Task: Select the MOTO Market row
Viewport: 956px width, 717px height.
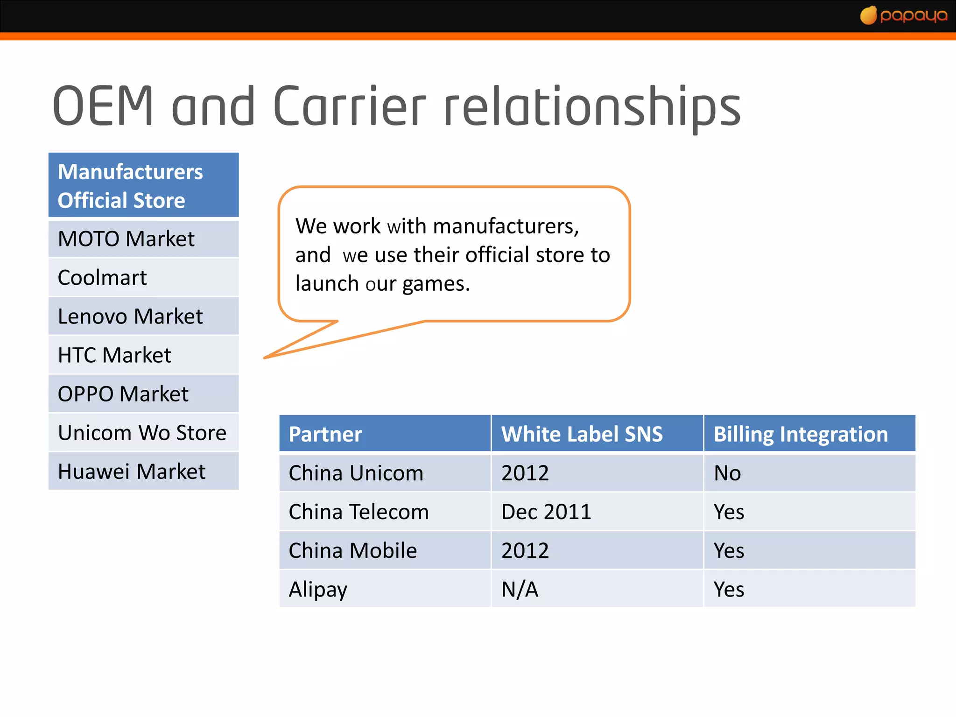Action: (x=143, y=239)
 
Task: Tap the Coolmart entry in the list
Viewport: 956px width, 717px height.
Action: (x=143, y=278)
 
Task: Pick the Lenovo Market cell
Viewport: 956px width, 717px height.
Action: (x=143, y=316)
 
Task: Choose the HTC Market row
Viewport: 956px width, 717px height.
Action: (x=143, y=355)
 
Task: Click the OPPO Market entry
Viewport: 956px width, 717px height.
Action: (x=143, y=394)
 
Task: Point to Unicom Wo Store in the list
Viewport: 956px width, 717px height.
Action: (x=143, y=433)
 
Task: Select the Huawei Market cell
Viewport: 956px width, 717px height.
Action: (x=143, y=471)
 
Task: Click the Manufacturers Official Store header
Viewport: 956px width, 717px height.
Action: (x=143, y=186)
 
